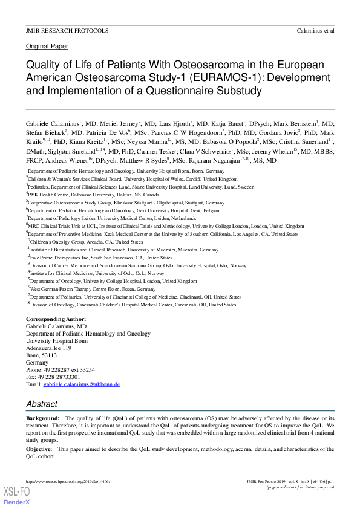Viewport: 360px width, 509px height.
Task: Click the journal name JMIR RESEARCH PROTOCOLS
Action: click(x=67, y=30)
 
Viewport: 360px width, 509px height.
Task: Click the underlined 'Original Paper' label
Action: click(x=47, y=47)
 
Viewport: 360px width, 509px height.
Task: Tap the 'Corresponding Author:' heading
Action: click(x=56, y=319)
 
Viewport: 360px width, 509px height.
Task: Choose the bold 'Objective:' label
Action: click(x=39, y=449)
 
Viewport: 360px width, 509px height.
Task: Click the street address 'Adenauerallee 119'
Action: click(x=48, y=348)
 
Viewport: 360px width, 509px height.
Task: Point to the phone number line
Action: click(x=61, y=369)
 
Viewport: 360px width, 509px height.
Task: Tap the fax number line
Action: click(x=53, y=377)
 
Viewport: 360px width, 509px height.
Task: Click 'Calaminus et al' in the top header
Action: click(x=315, y=30)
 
